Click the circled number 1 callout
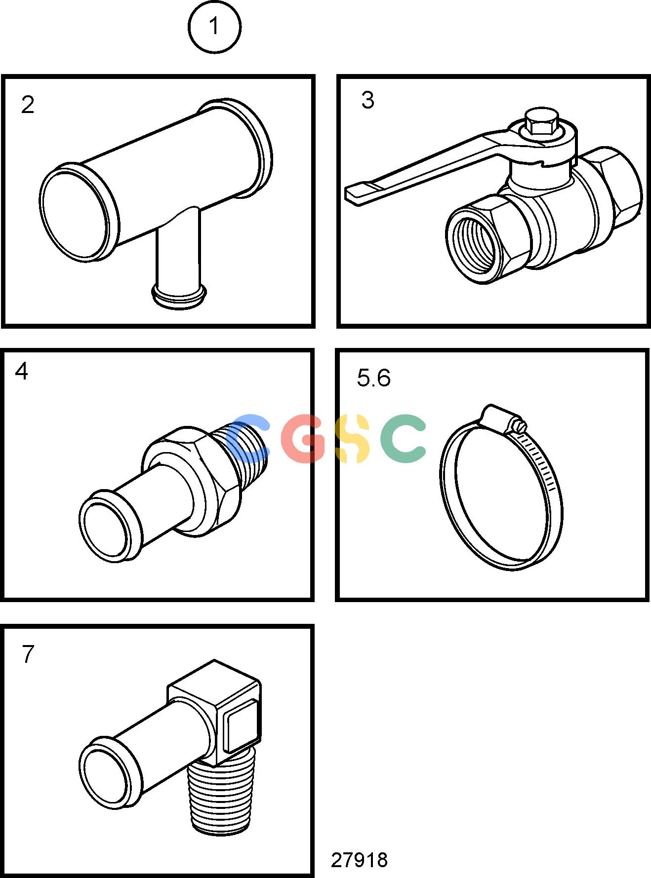click(x=214, y=27)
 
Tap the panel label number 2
click(x=28, y=105)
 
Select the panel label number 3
click(x=368, y=100)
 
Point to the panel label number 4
click(x=22, y=371)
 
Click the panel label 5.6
click(x=373, y=378)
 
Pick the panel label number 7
click(x=28, y=654)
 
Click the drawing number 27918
click(x=360, y=860)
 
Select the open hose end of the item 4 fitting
click(x=105, y=527)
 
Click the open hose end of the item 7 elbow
click(x=105, y=773)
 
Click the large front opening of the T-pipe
click(x=74, y=213)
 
